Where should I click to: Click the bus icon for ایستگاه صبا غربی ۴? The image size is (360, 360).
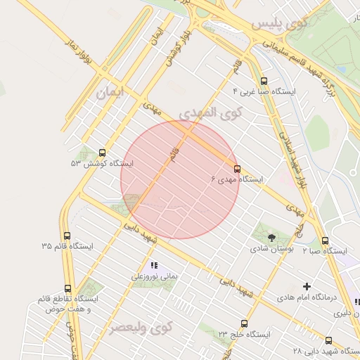(x=264, y=81)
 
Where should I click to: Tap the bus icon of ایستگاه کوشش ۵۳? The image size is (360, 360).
(x=103, y=153)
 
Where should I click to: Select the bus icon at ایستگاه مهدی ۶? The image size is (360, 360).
(x=236, y=169)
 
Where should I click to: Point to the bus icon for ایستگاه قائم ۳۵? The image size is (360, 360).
(x=67, y=236)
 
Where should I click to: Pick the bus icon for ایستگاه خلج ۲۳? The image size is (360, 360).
(x=244, y=324)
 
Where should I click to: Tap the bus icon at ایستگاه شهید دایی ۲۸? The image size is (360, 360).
(x=328, y=340)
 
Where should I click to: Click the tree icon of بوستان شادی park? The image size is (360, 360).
(x=273, y=237)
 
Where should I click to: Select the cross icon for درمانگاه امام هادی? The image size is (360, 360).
(x=306, y=286)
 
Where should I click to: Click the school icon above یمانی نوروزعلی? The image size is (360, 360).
(x=154, y=265)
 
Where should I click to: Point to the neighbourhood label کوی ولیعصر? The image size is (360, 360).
(x=141, y=328)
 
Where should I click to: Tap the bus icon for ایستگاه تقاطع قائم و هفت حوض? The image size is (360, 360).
(x=67, y=288)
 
